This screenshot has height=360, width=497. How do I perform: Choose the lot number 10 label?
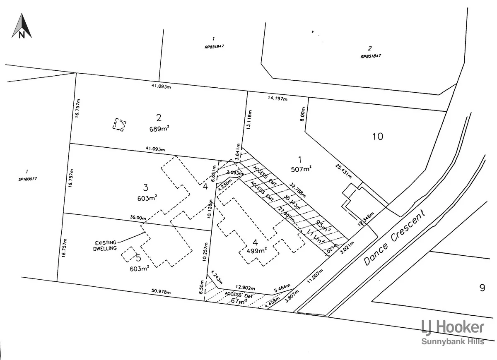click(378, 136)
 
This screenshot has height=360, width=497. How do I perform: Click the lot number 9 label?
click(482, 288)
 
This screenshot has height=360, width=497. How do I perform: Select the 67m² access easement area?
click(239, 301)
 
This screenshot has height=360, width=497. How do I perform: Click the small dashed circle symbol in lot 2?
click(119, 125)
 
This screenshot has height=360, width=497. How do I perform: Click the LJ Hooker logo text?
click(452, 327)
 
